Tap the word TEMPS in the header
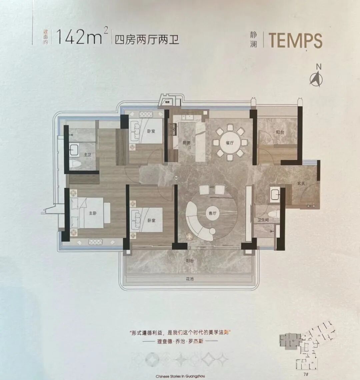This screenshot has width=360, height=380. [295, 41]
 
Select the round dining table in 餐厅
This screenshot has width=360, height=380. [230, 143]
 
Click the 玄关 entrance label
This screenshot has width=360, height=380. [301, 184]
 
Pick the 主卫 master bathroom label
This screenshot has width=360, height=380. [87, 155]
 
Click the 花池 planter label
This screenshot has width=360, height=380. [190, 279]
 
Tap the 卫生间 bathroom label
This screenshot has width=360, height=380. [263, 220]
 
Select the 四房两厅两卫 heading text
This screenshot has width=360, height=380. [147, 40]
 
